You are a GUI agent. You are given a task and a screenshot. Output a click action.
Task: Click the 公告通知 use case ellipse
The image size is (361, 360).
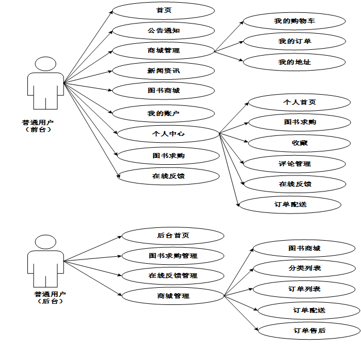pyautogui.click(x=164, y=30)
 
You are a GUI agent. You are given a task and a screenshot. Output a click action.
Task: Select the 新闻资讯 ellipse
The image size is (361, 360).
pyautogui.click(x=164, y=71)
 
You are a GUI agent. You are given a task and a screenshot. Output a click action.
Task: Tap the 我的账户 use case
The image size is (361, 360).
pyautogui.click(x=164, y=113)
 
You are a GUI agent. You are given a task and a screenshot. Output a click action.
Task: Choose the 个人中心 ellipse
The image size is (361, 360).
pyautogui.click(x=168, y=134)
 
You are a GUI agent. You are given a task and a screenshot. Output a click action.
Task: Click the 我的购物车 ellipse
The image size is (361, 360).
pyautogui.click(x=294, y=21)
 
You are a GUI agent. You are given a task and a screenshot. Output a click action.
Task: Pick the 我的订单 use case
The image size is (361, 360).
pyautogui.click(x=295, y=42)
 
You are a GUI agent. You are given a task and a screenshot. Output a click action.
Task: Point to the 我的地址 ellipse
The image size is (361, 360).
pyautogui.click(x=294, y=62)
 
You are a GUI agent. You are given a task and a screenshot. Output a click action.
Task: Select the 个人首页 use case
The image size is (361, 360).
pyautogui.click(x=299, y=102)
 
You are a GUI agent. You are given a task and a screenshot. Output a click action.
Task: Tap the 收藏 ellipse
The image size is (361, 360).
pyautogui.click(x=299, y=143)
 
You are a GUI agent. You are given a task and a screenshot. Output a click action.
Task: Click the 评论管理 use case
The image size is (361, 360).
pyautogui.click(x=295, y=164)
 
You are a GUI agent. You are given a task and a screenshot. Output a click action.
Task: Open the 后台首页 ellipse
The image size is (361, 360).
pyautogui.click(x=173, y=235)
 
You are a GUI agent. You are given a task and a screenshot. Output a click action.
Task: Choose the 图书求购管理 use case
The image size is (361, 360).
pyautogui.click(x=173, y=256)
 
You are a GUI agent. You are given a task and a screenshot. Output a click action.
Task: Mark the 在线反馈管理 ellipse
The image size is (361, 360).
pyautogui.click(x=173, y=275)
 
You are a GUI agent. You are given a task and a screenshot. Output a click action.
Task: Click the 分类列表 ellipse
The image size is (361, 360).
pyautogui.click(x=304, y=269)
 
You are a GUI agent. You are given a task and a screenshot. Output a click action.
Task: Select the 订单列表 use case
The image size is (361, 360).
pyautogui.click(x=304, y=289)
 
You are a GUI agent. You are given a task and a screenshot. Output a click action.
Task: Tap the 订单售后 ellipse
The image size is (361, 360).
pyautogui.click(x=309, y=331)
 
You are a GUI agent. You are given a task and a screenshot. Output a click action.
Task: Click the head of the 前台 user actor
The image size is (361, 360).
pyautogui.click(x=45, y=64)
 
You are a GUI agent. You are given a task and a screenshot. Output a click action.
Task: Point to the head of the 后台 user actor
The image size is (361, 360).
pyautogui.click(x=45, y=242)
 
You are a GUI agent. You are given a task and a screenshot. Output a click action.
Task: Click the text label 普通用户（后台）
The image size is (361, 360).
pyautogui.click(x=50, y=297)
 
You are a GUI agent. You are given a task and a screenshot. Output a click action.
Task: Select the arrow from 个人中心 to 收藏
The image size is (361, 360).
pyautogui.click(x=234, y=137)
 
